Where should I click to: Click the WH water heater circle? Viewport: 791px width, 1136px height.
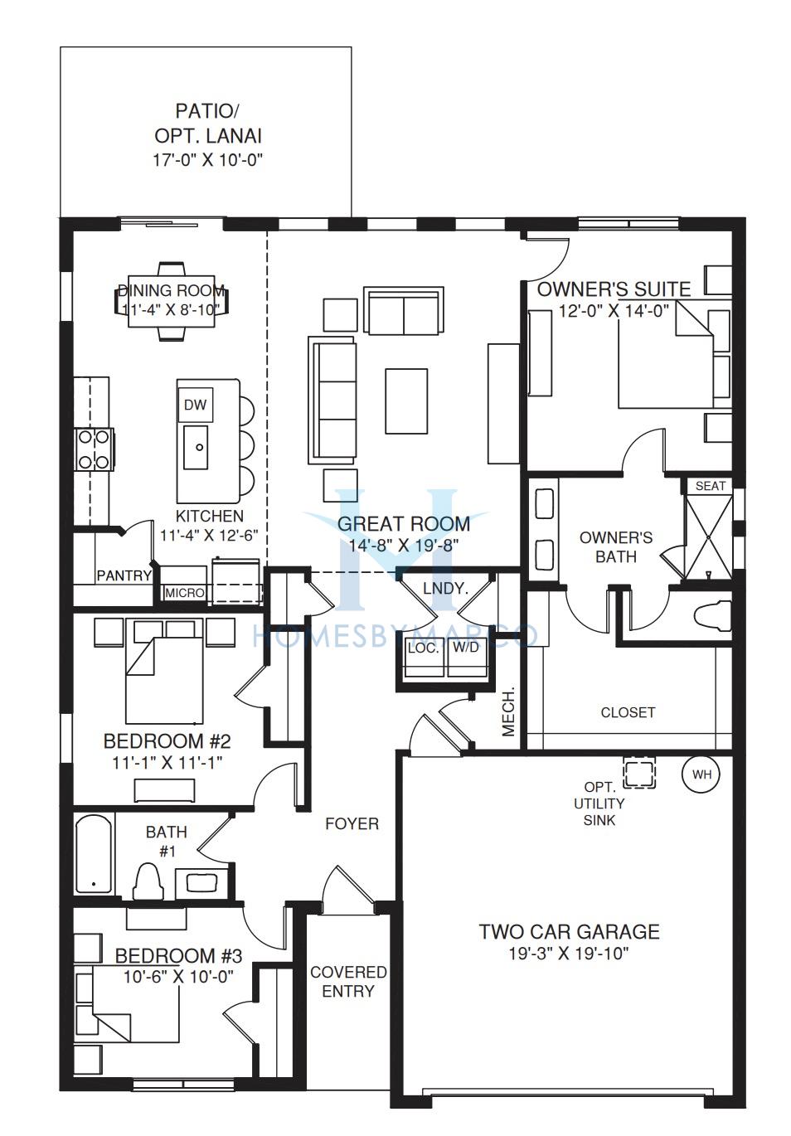pos(701,774)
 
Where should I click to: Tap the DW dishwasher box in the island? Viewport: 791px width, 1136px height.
pos(195,405)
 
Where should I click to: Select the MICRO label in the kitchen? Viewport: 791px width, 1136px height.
pos(185,592)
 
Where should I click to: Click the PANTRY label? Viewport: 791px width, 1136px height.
pos(124,575)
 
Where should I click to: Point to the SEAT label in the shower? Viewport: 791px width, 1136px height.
pos(711,486)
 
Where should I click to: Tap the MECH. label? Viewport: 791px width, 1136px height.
pos(508,711)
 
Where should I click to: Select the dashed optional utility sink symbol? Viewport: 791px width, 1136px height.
pos(639,773)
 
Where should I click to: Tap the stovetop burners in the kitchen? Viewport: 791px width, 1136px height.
pos(95,449)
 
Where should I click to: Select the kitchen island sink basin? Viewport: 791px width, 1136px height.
pos(196,447)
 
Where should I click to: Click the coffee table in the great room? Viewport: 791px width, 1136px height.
pos(406,401)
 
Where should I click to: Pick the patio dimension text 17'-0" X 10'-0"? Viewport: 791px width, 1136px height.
pos(208,160)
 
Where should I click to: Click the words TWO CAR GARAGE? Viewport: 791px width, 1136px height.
pos(570,932)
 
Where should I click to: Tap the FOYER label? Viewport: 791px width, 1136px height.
pos(352,823)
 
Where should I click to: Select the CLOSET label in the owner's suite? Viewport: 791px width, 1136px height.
pos(628,712)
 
